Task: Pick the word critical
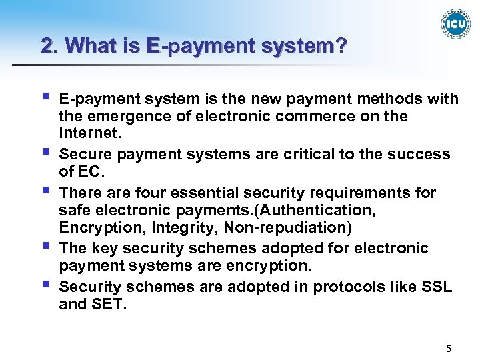tap(309, 154)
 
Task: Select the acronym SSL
tap(436, 287)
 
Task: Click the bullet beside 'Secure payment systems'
tap(45, 152)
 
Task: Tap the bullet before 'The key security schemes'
tap(45, 246)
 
